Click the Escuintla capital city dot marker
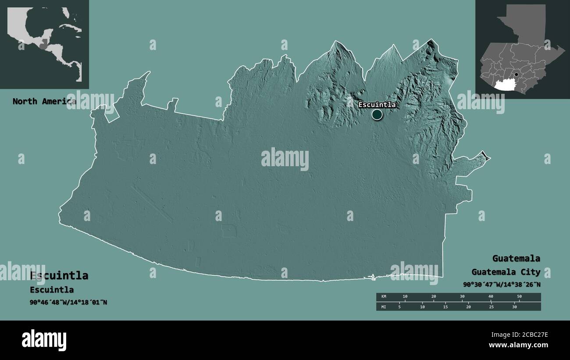pyautogui.click(x=377, y=115)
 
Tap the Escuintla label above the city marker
pyautogui.click(x=377, y=105)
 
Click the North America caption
pyautogui.click(x=44, y=102)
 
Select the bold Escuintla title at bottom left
pyautogui.click(x=59, y=276)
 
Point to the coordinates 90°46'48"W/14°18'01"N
pyautogui.click(x=68, y=302)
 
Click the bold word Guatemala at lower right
pyautogui.click(x=516, y=258)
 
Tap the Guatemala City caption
pyautogui.click(x=506, y=272)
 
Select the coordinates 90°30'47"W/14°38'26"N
pyautogui.click(x=502, y=285)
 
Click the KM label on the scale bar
pyautogui.click(x=384, y=297)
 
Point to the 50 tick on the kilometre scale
pyautogui.click(x=519, y=297)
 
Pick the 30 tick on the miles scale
pyautogui.click(x=514, y=307)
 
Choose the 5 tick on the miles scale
pyautogui.click(x=399, y=307)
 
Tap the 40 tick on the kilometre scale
pyautogui.click(x=491, y=297)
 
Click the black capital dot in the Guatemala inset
pyautogui.click(x=517, y=75)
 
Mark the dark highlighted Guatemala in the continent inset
pyautogui.click(x=43, y=44)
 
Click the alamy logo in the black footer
pyautogui.click(x=44, y=340)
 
